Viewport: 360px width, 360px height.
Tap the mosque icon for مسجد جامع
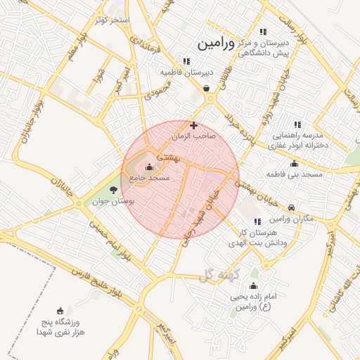pos(149,167)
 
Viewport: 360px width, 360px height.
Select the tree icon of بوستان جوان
pos(115,190)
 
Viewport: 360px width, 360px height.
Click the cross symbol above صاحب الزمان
pos(194,125)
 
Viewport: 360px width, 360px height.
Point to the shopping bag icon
pos(206,89)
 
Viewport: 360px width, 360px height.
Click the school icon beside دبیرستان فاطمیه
pos(186,61)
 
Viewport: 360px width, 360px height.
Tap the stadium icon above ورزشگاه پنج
pos(60,310)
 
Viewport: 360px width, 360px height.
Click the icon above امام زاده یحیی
pos(254,287)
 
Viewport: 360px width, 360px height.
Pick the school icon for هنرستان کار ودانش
pos(257,221)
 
